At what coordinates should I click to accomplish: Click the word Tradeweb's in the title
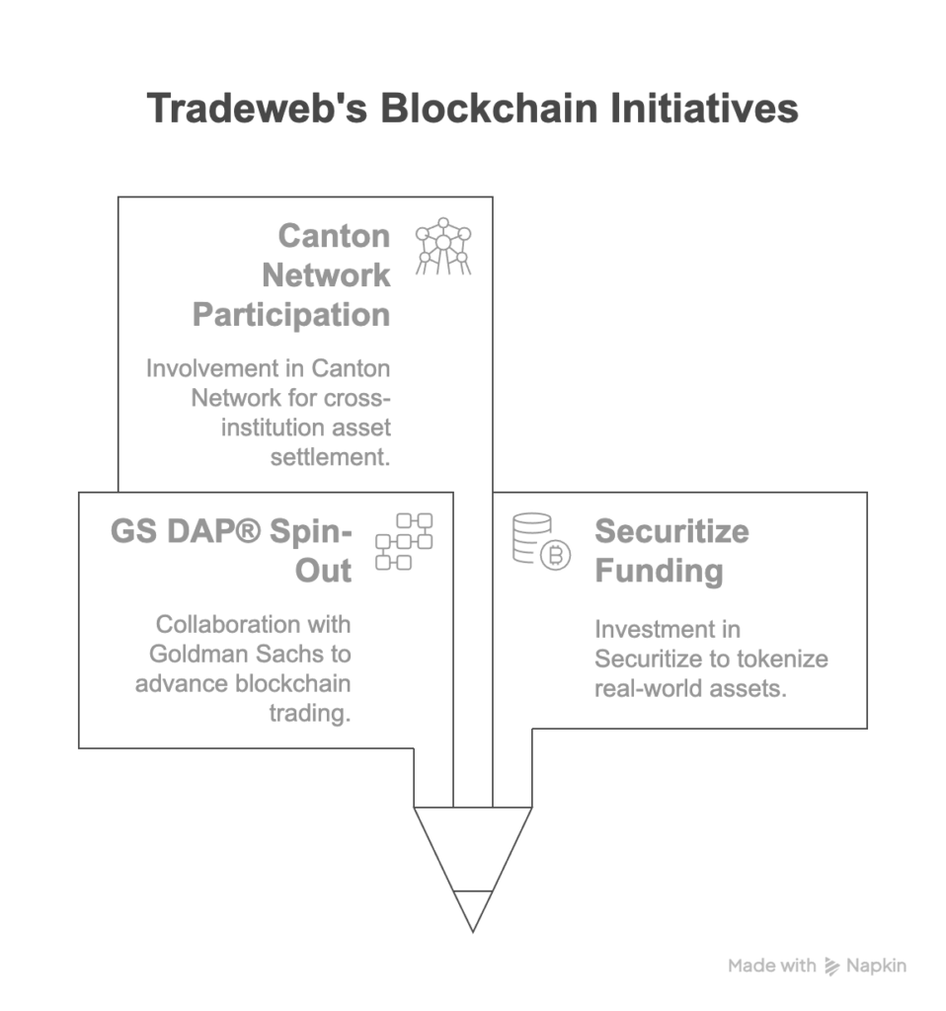[255, 109]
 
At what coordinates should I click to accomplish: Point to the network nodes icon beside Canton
[442, 248]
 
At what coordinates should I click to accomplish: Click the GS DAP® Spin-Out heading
[231, 551]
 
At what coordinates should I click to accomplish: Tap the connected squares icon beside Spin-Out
[404, 541]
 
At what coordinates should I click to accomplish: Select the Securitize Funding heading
[671, 551]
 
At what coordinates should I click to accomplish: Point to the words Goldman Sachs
[250, 654]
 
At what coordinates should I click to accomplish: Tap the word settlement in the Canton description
[330, 456]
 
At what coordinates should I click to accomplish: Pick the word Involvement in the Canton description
[211, 368]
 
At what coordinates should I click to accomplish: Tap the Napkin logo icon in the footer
[832, 966]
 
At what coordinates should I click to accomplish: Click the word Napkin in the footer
[876, 966]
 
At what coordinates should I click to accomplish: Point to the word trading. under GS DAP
[310, 713]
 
